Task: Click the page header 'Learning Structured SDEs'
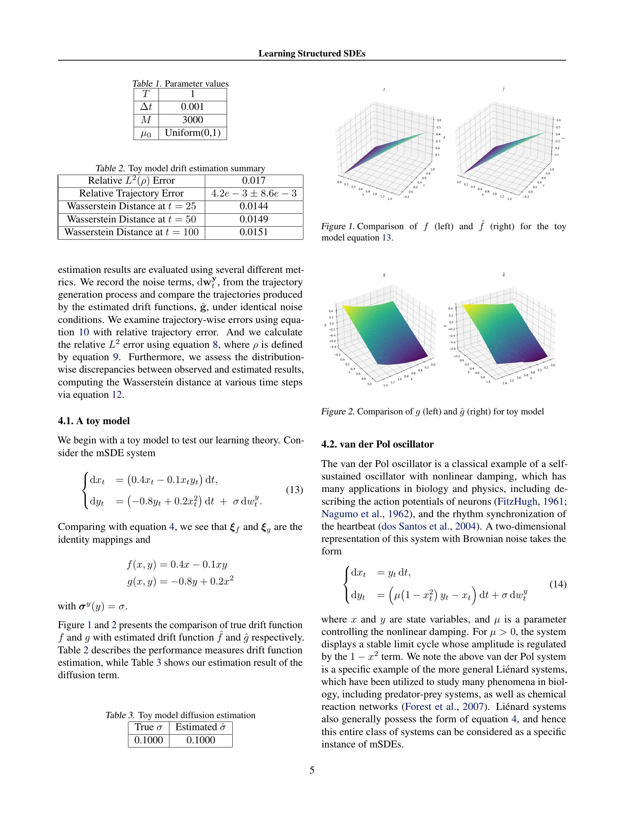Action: (312, 54)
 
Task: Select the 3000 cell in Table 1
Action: (193, 120)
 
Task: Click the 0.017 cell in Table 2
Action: (254, 181)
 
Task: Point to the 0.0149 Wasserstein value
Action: (254, 219)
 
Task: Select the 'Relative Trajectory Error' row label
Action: (131, 194)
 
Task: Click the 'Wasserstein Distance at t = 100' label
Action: (131, 232)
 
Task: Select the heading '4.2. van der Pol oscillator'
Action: (377, 444)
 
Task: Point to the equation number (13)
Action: (294, 490)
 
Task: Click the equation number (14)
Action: (558, 584)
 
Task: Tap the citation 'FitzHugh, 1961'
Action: (531, 502)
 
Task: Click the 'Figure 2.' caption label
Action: (338, 412)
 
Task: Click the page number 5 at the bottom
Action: (312, 770)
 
